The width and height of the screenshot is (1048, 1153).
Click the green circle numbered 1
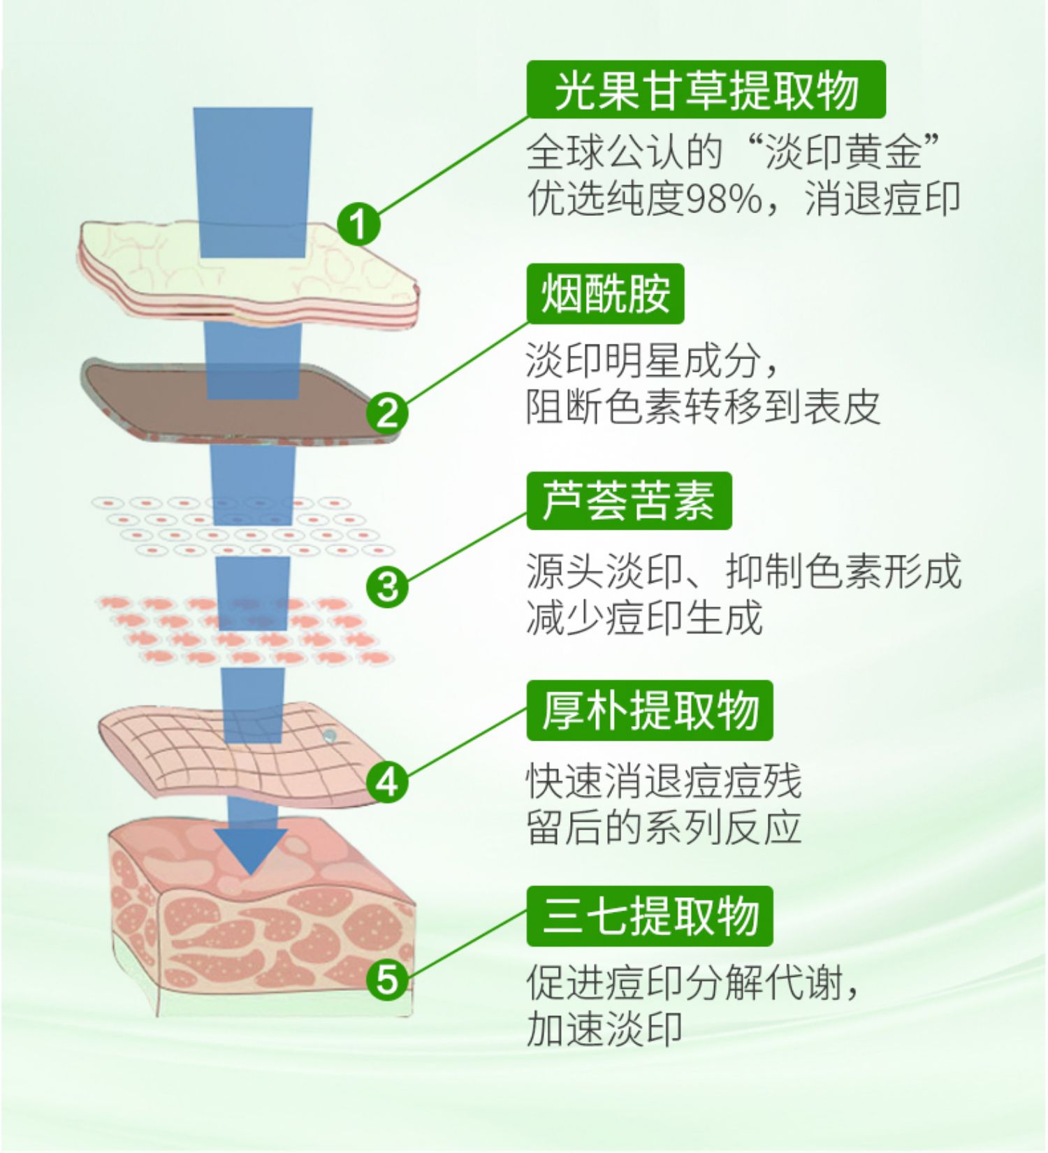358,224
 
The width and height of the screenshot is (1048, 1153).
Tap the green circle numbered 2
387,412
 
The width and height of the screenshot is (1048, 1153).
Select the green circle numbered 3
387,586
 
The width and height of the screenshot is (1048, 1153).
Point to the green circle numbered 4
387,781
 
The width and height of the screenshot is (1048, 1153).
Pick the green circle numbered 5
387,978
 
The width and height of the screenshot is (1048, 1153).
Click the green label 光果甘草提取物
706,90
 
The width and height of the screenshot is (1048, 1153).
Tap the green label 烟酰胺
605,293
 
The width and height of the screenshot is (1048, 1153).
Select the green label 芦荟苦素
629,501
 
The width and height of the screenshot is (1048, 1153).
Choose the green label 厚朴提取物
650,711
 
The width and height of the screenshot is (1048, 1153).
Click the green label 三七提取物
650,916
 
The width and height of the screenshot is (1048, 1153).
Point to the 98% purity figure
725,199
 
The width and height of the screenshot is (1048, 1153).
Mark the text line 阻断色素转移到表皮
702,407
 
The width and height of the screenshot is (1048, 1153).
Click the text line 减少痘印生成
643,618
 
